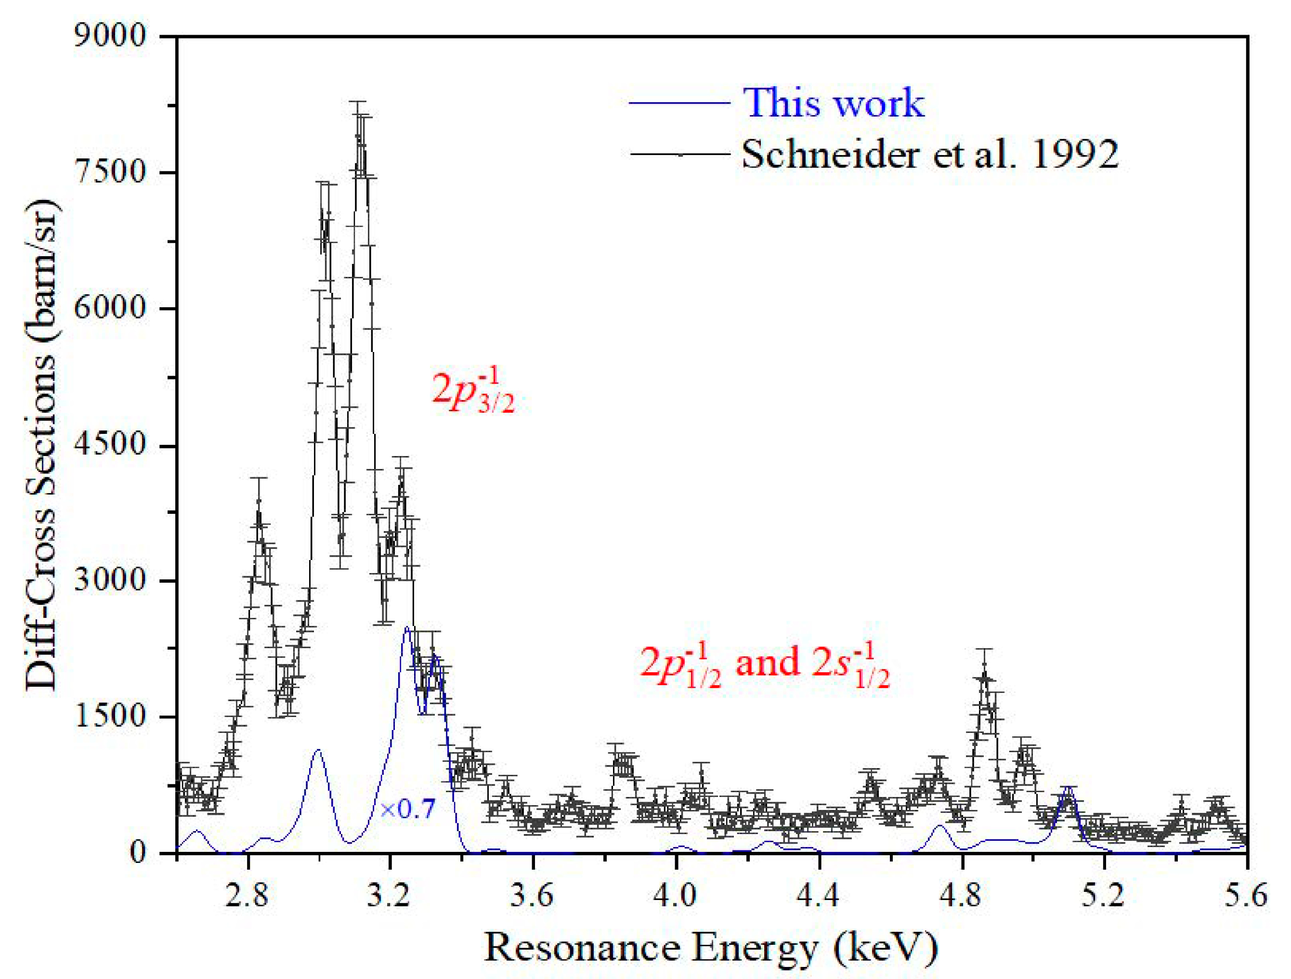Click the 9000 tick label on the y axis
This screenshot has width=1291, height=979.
click(x=109, y=36)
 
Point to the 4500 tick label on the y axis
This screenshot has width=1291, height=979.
click(x=109, y=445)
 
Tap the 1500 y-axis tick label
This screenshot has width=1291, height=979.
click(x=109, y=716)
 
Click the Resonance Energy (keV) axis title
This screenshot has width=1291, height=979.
click(x=711, y=947)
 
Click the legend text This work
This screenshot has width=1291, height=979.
click(x=834, y=104)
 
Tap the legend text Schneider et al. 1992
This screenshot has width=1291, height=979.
click(x=930, y=155)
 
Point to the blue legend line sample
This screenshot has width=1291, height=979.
click(x=679, y=104)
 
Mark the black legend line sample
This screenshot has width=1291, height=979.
click(x=679, y=155)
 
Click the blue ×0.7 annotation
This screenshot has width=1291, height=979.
click(x=407, y=809)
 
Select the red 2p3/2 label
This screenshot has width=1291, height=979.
click(x=473, y=390)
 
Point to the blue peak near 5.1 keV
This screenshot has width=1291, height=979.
click(x=1068, y=788)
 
